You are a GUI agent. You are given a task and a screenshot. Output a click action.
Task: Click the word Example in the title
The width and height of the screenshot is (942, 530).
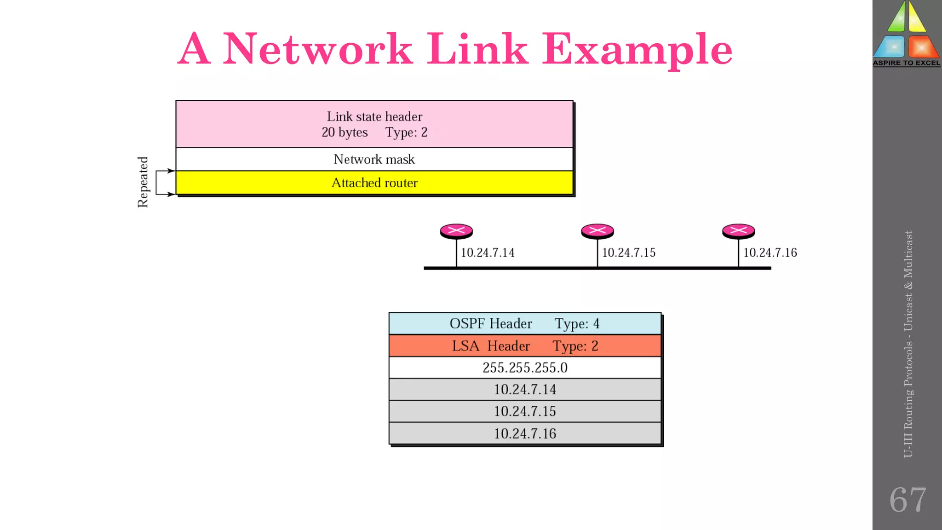(637, 50)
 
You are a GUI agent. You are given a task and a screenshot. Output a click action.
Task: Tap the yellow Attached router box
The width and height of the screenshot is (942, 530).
(374, 183)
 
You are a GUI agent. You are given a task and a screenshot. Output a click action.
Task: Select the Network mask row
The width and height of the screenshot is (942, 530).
(374, 159)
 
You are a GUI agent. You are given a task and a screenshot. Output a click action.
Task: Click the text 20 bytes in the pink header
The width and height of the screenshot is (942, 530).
(345, 132)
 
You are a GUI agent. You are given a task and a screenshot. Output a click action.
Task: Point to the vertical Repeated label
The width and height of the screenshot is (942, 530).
(143, 182)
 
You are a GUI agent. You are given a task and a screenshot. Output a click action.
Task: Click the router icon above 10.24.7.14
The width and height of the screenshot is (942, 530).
(456, 230)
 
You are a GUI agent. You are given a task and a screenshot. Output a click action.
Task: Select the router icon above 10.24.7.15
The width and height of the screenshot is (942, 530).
(597, 230)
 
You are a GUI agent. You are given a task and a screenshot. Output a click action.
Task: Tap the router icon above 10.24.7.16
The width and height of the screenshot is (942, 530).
(738, 230)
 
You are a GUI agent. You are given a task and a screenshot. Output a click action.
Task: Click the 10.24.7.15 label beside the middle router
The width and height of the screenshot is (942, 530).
(628, 253)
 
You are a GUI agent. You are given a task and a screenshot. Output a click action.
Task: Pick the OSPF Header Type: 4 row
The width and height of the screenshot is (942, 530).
(525, 323)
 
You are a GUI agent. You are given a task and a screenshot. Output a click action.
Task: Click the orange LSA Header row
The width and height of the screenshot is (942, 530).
(525, 346)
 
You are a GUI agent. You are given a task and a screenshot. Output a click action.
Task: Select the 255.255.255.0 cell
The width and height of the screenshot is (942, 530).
(525, 368)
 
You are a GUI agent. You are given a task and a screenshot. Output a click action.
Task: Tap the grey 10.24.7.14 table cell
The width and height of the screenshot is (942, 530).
(525, 390)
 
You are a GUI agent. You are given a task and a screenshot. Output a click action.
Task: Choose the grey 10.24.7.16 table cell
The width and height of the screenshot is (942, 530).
(525, 433)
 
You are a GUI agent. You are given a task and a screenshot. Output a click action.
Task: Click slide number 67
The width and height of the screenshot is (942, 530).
(908, 500)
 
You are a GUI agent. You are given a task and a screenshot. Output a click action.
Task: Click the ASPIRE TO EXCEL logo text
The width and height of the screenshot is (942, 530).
(907, 63)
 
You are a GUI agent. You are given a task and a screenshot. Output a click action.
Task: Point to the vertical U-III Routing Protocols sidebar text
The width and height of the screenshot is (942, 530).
(908, 344)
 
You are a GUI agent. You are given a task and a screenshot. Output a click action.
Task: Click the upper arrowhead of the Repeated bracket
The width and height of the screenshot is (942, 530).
(172, 171)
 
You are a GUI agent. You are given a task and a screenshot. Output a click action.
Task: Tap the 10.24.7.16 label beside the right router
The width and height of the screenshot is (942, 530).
(770, 253)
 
